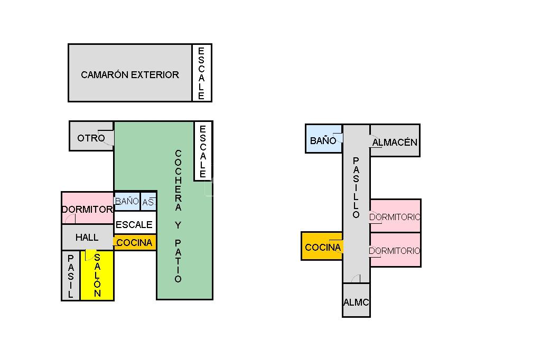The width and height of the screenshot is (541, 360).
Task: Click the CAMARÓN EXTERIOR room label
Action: click(x=130, y=75)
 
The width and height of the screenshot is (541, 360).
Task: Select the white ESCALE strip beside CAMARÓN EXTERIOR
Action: click(x=201, y=73)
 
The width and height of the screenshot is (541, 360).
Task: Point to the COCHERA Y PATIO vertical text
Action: click(x=178, y=216)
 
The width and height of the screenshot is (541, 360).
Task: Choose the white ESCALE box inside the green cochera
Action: click(x=202, y=150)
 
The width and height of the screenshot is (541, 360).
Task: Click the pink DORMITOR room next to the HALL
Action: click(x=87, y=209)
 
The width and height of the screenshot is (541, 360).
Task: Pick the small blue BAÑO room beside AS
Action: click(x=127, y=201)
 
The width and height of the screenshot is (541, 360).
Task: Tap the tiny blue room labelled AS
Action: click(x=148, y=201)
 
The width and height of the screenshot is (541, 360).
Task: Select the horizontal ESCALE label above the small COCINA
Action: click(x=134, y=225)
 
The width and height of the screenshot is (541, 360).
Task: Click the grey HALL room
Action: click(x=87, y=238)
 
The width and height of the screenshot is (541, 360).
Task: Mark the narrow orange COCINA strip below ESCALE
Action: click(x=135, y=243)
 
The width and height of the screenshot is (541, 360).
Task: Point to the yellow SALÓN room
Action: click(x=97, y=276)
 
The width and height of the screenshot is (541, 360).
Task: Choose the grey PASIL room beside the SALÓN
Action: click(x=70, y=276)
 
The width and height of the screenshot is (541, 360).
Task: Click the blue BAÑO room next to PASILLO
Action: click(x=323, y=140)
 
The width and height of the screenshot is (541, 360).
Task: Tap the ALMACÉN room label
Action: click(x=395, y=142)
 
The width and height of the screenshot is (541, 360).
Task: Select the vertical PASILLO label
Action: click(x=356, y=188)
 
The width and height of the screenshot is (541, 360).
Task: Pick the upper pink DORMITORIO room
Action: click(x=395, y=216)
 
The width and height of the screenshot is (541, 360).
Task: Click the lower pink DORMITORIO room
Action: click(x=395, y=250)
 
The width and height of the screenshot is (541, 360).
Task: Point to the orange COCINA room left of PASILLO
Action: click(x=322, y=247)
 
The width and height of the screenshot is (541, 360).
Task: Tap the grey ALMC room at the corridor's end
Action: click(x=356, y=302)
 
